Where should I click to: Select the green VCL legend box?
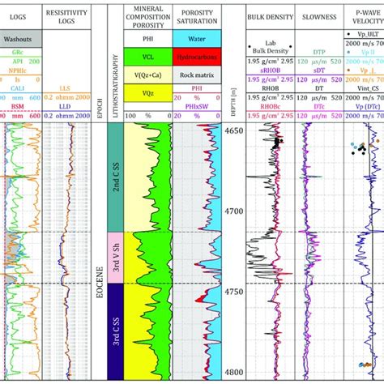(146, 58)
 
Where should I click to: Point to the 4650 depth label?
(233, 130)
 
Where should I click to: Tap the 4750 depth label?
(233, 291)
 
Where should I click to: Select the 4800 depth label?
(233, 372)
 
